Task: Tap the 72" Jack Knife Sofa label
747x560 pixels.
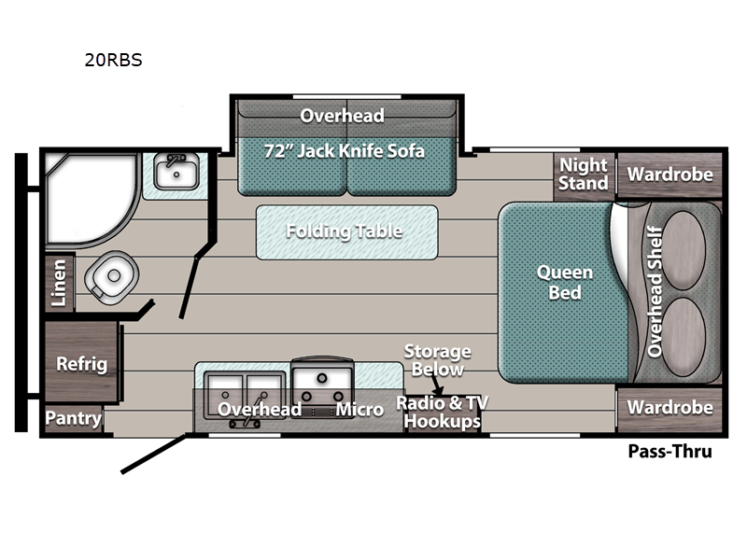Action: [345, 150]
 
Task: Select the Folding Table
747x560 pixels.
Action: [345, 231]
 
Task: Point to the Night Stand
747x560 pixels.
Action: [584, 174]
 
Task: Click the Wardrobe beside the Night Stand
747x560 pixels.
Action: [669, 175]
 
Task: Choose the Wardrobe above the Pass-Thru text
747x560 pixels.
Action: [669, 408]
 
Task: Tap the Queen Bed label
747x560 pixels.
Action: [564, 282]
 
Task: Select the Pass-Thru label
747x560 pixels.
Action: [669, 452]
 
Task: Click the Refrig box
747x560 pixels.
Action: [82, 363]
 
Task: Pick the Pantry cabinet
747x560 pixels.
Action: [73, 418]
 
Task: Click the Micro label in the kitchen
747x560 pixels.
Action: [359, 410]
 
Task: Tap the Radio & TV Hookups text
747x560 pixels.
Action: [443, 412]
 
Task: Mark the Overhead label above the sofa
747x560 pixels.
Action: [342, 115]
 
